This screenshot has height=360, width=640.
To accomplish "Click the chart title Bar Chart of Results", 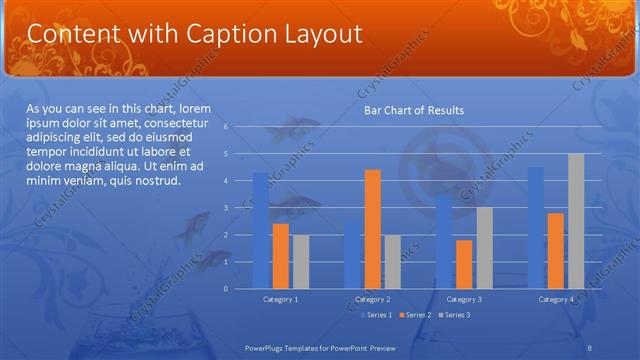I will (413, 110).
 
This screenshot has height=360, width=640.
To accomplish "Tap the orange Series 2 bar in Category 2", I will (372, 229).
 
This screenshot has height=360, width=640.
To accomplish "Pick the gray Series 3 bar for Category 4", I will (575, 221).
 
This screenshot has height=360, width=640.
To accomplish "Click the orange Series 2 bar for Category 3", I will (464, 264).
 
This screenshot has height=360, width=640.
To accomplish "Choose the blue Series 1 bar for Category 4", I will (536, 228).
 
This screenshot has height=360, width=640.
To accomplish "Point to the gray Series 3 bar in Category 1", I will (300, 262).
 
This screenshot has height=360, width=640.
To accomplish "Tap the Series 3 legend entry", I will (454, 315).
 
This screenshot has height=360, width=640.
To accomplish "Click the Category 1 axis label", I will (280, 299).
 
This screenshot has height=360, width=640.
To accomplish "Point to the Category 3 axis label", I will (464, 299).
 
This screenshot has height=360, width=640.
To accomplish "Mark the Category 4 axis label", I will (556, 299).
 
